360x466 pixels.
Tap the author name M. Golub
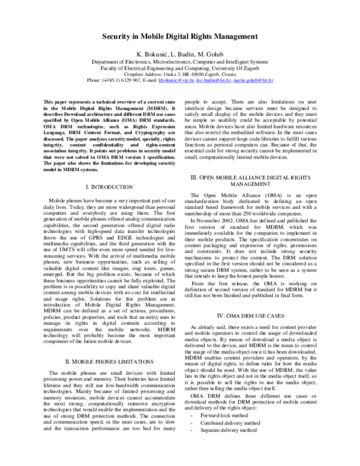tap(212, 54)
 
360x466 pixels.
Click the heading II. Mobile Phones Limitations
tap(109, 363)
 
